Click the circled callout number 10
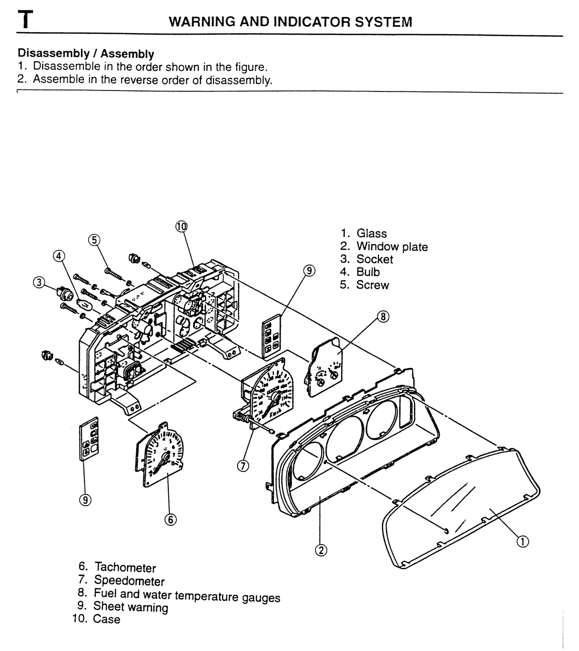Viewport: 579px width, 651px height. point(181,227)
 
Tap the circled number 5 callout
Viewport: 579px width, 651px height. point(94,240)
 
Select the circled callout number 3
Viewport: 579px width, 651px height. point(39,283)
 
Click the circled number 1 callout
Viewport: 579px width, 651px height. point(522,542)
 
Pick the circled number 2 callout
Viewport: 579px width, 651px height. point(321,550)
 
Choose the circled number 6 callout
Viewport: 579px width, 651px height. point(170,520)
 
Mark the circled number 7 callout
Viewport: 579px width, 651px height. point(243,466)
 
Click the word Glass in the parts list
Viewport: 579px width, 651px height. point(371,233)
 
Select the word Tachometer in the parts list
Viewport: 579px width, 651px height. point(125,568)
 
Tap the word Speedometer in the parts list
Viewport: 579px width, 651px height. point(129,581)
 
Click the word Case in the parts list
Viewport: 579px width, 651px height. point(107,619)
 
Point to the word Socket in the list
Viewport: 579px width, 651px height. point(374,259)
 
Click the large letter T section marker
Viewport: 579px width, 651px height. point(25,20)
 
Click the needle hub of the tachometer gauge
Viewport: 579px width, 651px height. point(167,457)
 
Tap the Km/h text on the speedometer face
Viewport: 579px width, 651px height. point(275,413)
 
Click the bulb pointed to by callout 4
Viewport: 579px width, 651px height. point(84,304)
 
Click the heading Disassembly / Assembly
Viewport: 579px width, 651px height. point(86,53)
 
